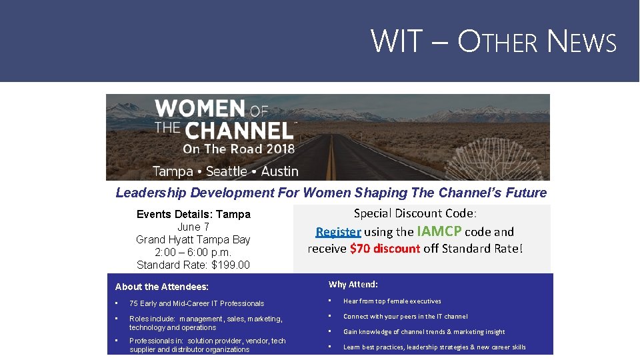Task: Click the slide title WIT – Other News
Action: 493,41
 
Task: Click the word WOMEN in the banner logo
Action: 199,109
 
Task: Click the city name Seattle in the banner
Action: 227,171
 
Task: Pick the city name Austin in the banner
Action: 279,171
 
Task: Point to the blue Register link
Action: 338,232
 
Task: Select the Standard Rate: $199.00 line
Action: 193,265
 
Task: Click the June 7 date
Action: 193,227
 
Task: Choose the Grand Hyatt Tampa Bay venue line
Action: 193,239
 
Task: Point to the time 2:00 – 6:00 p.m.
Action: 193,252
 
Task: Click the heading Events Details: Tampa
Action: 193,214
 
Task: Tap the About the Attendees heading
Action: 162,287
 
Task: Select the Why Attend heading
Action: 353,285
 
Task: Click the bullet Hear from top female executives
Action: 392,301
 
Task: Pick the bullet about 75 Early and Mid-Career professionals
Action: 197,303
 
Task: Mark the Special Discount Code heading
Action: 415,213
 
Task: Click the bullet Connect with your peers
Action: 405,317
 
